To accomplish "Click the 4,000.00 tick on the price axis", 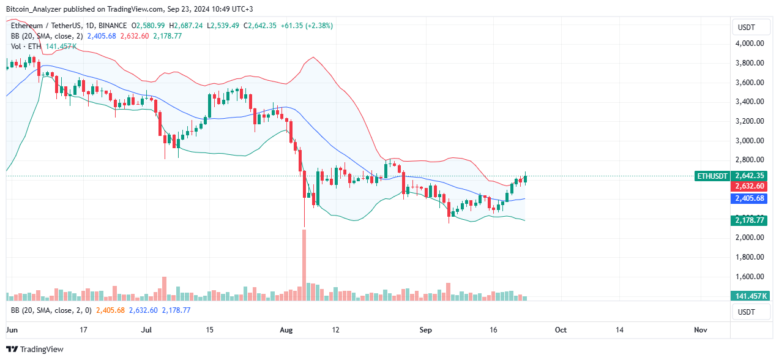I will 749,43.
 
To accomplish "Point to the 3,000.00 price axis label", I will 749,141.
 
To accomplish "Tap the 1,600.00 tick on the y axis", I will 749,277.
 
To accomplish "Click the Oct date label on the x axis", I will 561,330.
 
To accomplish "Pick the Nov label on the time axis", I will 701,330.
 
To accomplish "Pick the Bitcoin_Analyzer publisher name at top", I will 36,9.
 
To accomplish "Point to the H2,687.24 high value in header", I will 188,26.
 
